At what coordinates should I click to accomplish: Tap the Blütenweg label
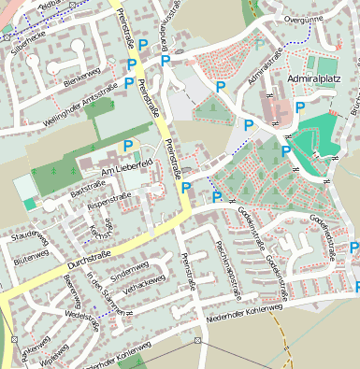coord(30,255)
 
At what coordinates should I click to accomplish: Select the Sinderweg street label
coord(129,272)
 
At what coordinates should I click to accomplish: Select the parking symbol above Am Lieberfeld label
coord(128,145)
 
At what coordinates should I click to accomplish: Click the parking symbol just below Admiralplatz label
coord(299,107)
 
